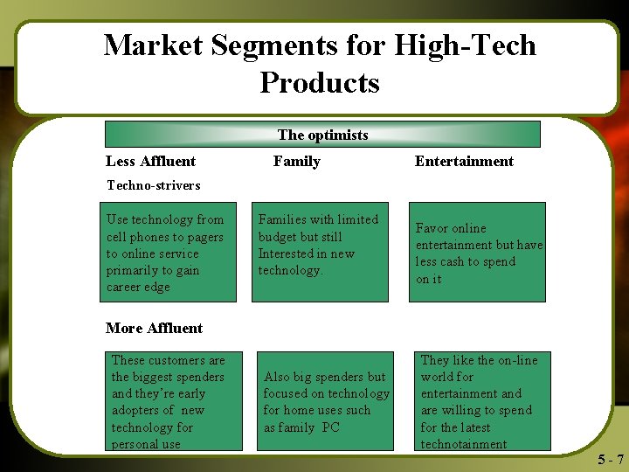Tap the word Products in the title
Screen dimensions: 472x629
click(x=319, y=82)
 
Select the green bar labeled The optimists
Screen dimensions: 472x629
click(x=322, y=135)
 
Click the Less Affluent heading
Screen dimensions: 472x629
click(x=150, y=161)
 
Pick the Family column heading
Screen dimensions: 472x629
click(x=296, y=161)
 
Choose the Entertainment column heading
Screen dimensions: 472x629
click(x=464, y=161)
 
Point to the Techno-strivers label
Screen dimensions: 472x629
click(x=153, y=185)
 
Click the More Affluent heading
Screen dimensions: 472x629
click(x=154, y=328)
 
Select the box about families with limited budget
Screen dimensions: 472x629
click(x=320, y=253)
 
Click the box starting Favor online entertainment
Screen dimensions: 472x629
click(x=477, y=253)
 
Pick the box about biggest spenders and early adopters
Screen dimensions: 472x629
click(x=175, y=401)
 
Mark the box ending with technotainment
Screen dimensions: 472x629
click(x=482, y=401)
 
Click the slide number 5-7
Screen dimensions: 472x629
click(x=611, y=460)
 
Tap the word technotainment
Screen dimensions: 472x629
click(x=463, y=444)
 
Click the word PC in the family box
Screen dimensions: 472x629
click(x=330, y=427)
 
